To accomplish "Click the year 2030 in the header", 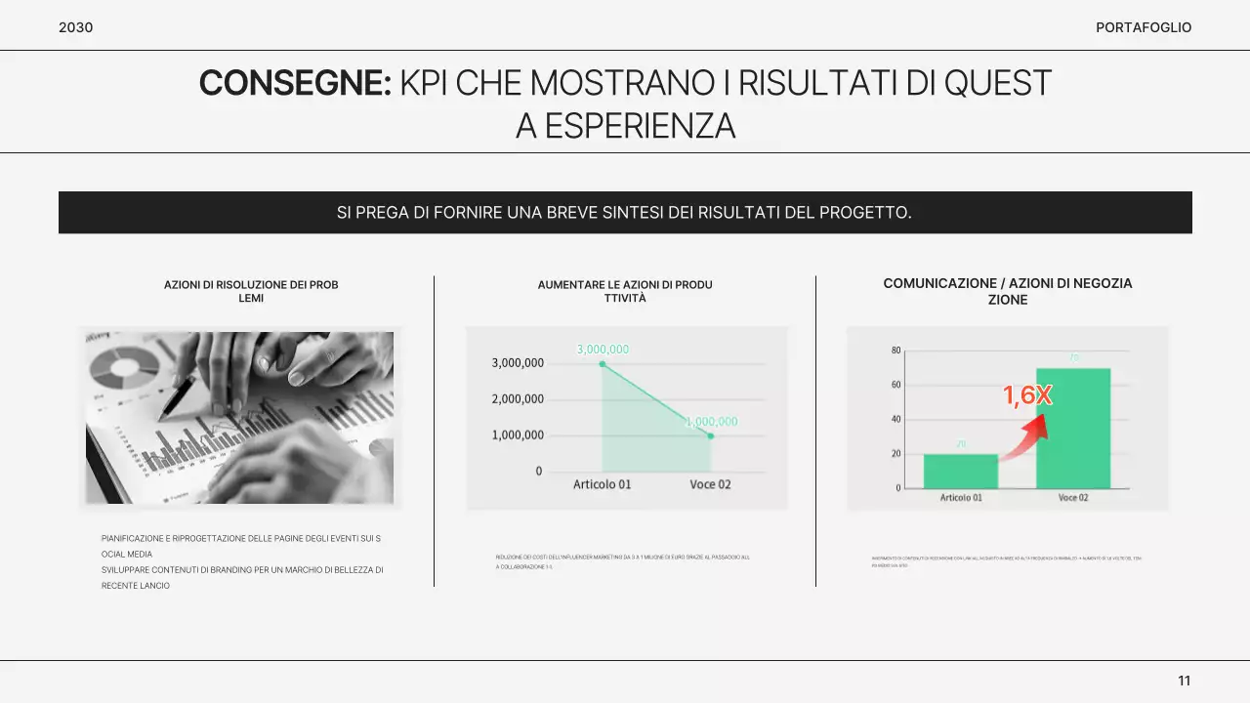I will [x=76, y=27].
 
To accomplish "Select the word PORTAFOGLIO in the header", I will [x=1144, y=27].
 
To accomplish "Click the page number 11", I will [x=1184, y=681].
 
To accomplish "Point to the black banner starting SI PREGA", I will [x=625, y=212].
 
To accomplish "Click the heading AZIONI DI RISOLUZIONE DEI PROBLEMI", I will [x=251, y=291].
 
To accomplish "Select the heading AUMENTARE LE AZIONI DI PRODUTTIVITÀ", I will [x=625, y=291].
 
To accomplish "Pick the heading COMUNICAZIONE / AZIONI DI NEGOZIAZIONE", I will [x=1007, y=291].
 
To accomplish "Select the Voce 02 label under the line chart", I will [x=710, y=484].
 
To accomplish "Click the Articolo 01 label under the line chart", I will [x=603, y=484].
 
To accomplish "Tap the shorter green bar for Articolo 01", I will [x=961, y=472].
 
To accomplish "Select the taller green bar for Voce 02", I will [x=1073, y=429].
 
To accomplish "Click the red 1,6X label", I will [x=1027, y=395].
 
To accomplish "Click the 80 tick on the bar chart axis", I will [x=896, y=351].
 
